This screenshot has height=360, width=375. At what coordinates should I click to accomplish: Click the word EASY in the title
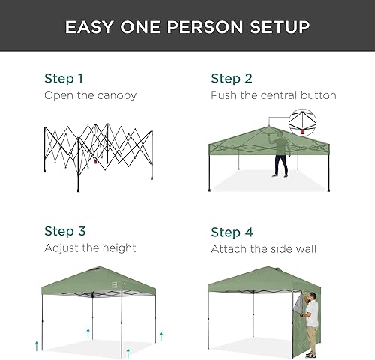point(88,27)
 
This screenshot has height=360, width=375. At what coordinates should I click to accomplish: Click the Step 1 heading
point(64,78)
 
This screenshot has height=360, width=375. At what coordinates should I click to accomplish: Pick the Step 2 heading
point(230,78)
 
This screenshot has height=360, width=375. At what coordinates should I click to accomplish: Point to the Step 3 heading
point(64,231)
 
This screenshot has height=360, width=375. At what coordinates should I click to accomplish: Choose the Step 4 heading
point(231,231)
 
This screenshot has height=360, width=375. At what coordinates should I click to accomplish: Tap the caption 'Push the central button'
point(273,95)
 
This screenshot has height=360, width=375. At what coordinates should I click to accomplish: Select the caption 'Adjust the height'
point(90,247)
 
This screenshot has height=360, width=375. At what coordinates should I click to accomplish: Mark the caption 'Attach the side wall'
point(263,247)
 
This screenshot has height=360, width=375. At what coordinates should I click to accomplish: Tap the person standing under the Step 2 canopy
point(280,154)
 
